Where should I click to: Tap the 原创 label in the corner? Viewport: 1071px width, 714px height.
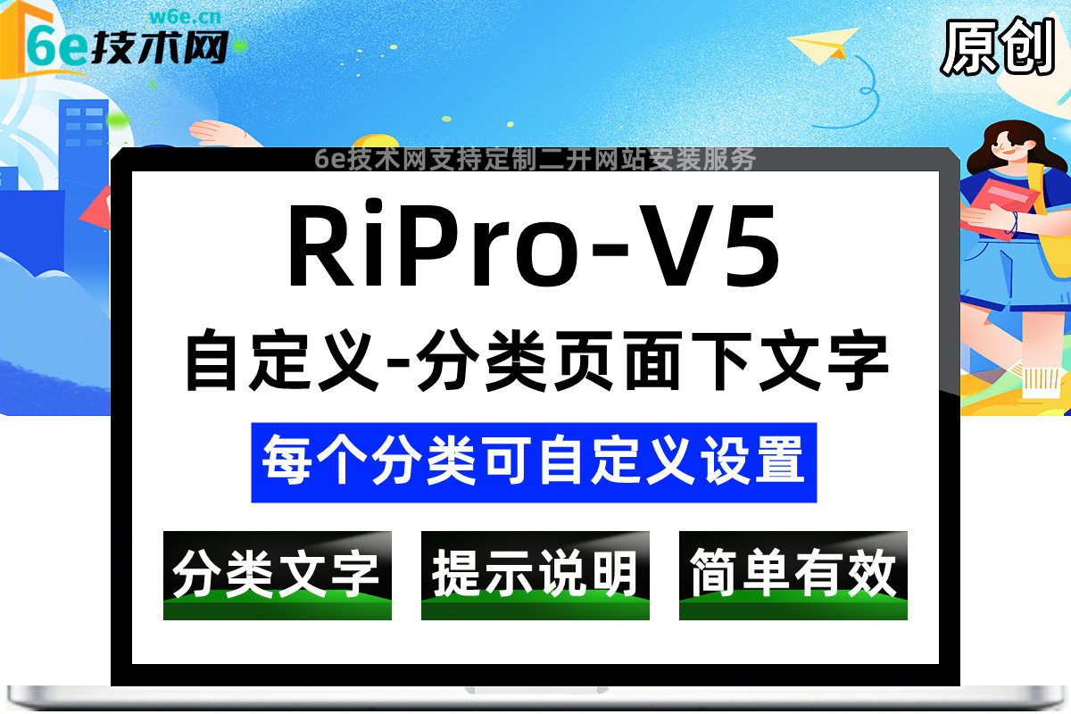(998, 46)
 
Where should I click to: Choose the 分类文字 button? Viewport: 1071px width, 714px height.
(277, 575)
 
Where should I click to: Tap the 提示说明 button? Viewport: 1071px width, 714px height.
(535, 575)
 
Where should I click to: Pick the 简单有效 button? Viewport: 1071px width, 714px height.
(793, 575)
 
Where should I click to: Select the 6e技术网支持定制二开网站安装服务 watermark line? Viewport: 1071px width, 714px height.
(535, 159)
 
